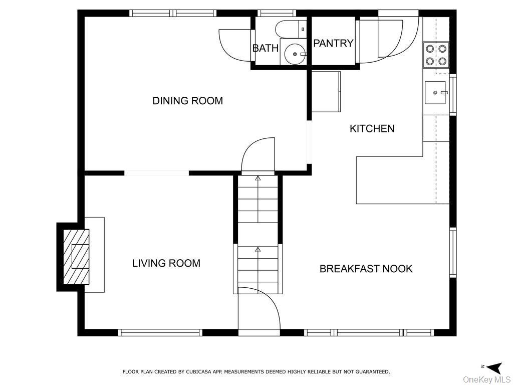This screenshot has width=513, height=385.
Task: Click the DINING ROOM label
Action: (x=188, y=100)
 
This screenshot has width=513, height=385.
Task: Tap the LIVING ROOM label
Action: (x=166, y=263)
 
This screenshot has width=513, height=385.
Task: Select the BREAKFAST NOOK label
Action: (x=366, y=269)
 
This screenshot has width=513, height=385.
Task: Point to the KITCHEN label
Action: (x=372, y=129)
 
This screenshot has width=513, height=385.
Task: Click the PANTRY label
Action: (x=333, y=43)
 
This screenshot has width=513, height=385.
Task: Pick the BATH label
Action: (x=266, y=49)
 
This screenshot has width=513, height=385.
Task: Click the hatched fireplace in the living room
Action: (x=76, y=257)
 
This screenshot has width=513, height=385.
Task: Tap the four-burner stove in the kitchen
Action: (x=436, y=55)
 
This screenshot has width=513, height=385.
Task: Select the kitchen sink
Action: (x=435, y=93)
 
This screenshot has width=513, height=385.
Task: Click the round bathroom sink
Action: (x=295, y=54)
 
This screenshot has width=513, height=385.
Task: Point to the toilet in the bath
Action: (x=291, y=29)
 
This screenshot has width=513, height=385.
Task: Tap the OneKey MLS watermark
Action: (x=486, y=379)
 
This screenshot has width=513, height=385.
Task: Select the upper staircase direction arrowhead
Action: (x=258, y=178)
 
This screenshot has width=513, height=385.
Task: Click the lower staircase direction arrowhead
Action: (x=258, y=250)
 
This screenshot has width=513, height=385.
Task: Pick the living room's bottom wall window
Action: (x=160, y=333)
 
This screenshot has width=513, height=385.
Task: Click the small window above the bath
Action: (x=277, y=13)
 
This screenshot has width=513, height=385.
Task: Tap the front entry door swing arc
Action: (x=265, y=301)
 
